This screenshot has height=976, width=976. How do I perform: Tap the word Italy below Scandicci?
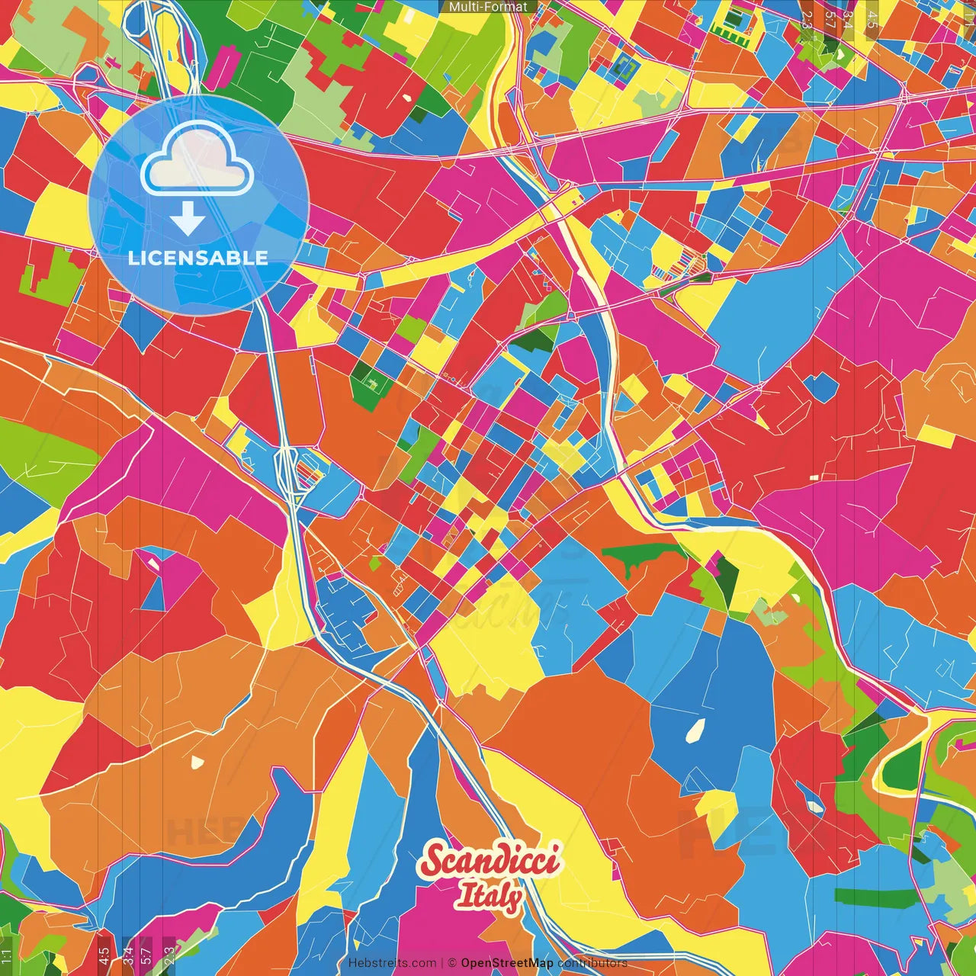489,896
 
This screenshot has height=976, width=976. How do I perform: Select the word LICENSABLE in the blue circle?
198,258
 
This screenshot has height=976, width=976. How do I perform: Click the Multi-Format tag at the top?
488,7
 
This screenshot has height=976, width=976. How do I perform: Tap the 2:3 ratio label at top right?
807,19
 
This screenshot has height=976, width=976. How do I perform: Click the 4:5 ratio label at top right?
872,19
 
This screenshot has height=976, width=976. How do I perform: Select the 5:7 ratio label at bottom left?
146,954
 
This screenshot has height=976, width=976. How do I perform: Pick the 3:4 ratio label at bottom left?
127,954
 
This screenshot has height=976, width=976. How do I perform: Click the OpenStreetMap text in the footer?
506,963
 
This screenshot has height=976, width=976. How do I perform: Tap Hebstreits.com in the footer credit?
392,963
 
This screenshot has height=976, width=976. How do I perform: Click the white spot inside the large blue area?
695,730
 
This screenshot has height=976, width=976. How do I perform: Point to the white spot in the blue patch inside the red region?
815,804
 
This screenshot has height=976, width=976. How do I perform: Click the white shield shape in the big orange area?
197,761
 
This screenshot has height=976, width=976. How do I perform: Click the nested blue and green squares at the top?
624,67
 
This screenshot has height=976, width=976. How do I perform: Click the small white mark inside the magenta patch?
153,563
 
